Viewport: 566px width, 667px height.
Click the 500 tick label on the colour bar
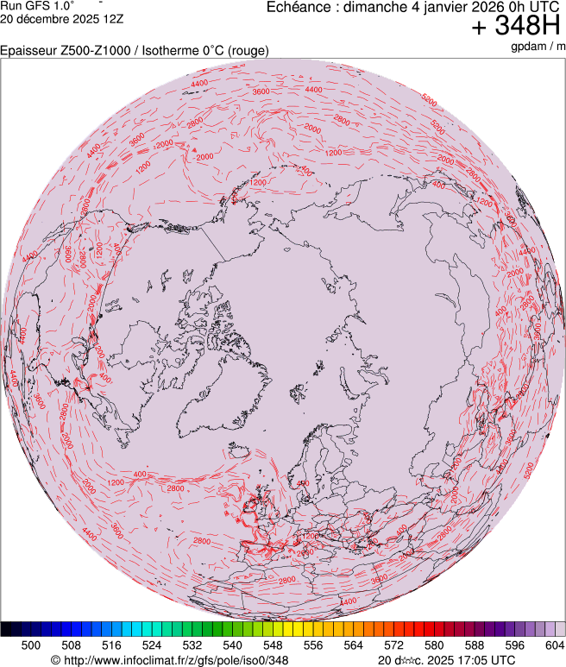31,645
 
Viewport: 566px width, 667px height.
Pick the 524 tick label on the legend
152,645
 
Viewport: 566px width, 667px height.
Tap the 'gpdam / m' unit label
537,47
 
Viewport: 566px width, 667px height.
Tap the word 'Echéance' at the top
298,7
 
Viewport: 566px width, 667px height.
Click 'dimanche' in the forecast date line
374,7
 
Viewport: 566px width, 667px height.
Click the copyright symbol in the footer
55,660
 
